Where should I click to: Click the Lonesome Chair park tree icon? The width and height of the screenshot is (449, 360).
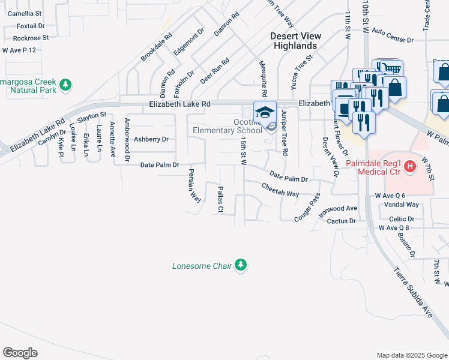241,265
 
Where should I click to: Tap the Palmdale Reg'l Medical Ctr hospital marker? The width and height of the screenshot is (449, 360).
411,166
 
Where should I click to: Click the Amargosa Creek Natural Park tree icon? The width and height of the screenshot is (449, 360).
66,86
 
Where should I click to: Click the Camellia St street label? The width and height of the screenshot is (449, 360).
25,13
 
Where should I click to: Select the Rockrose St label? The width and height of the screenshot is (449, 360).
30,38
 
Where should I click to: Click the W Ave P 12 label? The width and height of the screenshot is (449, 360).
19,50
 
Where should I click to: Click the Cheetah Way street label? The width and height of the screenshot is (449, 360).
280,190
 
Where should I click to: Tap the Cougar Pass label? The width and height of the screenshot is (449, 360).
307,208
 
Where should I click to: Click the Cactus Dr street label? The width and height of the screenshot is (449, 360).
342,221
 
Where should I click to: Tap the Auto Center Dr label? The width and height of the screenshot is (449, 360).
393,35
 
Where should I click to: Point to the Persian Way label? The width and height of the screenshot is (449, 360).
194,186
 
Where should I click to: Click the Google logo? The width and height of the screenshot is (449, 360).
20,353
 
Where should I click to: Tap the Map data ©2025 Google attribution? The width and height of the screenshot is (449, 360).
411,355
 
